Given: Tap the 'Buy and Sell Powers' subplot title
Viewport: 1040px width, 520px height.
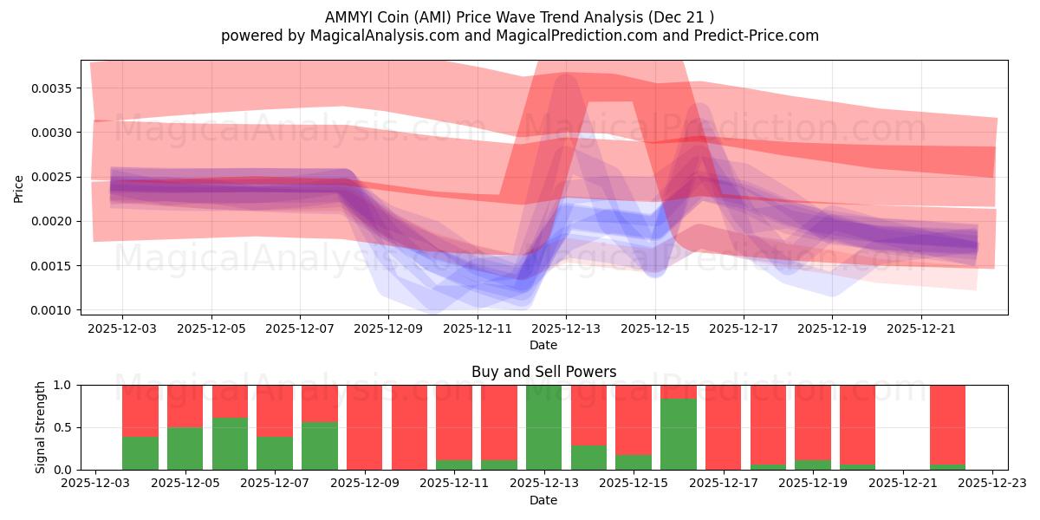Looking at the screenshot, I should pos(543,372).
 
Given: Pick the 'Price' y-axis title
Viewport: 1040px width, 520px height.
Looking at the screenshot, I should pos(19,187).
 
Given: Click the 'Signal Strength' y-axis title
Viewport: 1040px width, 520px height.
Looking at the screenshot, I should pos(40,426).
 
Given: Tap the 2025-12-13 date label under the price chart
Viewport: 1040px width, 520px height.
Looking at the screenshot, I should pos(566,329).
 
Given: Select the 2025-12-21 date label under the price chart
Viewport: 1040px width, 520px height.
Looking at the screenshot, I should pos(921,329).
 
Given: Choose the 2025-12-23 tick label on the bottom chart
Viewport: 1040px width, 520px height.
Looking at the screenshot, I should pos(992,484).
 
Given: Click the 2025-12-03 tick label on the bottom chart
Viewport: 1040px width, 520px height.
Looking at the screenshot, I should pos(95,484).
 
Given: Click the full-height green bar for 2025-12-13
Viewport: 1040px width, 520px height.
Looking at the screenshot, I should pos(543,427).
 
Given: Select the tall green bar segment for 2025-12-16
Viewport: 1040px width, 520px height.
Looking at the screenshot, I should pos(678,433).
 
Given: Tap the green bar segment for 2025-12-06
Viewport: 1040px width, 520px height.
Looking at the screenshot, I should pos(230,444).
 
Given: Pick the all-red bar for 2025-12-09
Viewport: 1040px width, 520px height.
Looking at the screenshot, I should pos(364,427).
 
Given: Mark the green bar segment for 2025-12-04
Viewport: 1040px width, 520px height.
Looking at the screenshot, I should pos(140,452).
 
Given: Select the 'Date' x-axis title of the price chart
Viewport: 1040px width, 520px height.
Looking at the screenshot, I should pos(543,345).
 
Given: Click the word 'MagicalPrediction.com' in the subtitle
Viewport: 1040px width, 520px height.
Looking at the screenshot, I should pos(578,36).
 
